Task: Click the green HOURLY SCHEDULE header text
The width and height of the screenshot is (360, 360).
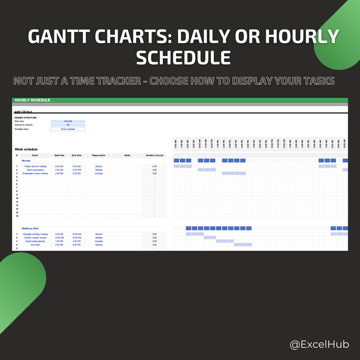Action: (33, 100)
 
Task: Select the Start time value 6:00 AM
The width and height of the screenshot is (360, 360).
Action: (68, 122)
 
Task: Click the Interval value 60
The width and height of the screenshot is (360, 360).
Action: (68, 125)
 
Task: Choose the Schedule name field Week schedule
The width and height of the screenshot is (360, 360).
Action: (68, 129)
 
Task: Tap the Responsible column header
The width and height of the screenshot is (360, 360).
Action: (98, 156)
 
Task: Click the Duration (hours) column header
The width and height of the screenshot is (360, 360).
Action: (154, 156)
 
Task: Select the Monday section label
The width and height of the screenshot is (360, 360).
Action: (26, 161)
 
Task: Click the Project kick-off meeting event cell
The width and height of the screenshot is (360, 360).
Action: (35, 166)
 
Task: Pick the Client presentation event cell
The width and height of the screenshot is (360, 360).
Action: (35, 170)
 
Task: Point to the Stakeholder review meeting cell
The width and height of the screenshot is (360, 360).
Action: (35, 174)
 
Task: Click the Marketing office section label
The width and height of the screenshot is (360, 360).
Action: (30, 229)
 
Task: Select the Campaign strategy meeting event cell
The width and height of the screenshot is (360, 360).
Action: (35, 234)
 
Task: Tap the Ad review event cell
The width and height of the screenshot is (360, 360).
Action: (35, 245)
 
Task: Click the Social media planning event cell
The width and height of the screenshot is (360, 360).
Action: (35, 241)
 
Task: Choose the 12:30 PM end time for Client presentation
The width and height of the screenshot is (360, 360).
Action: (77, 170)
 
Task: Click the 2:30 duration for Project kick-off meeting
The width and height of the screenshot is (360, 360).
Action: (154, 166)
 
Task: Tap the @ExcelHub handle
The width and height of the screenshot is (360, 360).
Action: (319, 345)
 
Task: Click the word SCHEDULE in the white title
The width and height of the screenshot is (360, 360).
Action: (183, 58)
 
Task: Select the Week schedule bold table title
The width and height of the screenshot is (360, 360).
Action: (26, 149)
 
